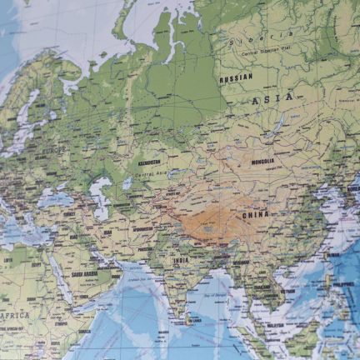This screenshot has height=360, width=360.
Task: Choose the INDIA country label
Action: coord(181,259)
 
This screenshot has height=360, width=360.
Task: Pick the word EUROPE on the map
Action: coord(55,150)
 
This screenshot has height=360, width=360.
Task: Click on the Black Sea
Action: coord(55,200)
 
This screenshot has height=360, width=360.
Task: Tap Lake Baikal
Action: coord(276,126)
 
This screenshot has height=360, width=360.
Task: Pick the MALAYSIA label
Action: coord(275,325)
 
